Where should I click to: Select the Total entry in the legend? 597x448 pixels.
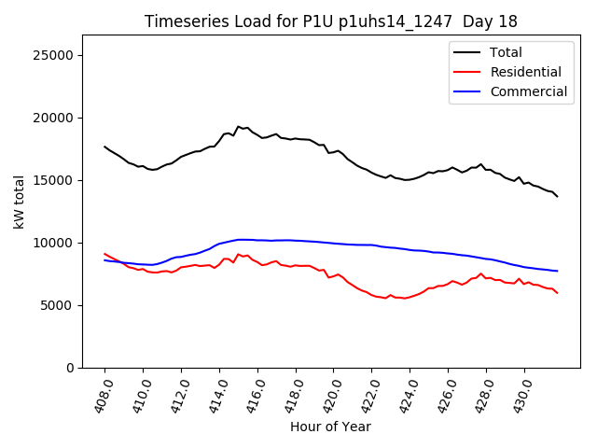[506, 52]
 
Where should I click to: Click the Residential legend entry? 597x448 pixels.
[525, 72]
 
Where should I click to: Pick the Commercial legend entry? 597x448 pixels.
[528, 91]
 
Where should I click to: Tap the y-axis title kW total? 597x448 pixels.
[19, 202]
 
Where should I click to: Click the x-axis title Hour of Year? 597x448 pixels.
[330, 427]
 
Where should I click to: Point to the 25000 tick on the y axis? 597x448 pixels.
[54, 55]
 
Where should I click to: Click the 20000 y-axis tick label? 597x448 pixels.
[54, 118]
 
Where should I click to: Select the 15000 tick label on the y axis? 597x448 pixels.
[54, 180]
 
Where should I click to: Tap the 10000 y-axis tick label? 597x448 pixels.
[54, 243]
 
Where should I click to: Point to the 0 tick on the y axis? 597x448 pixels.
[70, 368]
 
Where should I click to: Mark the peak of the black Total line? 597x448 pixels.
[238, 126]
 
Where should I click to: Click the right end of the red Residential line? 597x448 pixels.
[558, 293]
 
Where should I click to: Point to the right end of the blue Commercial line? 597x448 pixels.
[558, 271]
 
